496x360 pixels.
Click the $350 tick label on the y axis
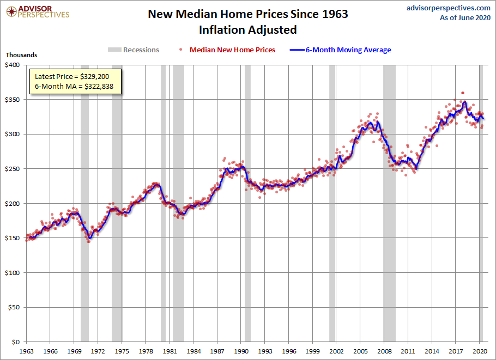coord(13,100)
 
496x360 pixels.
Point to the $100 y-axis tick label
coord(13,273)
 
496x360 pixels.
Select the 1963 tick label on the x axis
coord(26,351)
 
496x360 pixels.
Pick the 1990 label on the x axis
coord(241,351)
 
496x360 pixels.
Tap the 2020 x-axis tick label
coord(480,351)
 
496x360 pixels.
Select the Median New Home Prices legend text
coord(232,50)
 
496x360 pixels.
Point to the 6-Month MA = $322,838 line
coord(75,86)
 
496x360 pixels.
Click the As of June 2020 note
coord(465,17)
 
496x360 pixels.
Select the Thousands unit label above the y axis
coord(21,55)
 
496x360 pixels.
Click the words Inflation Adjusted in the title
coord(247,29)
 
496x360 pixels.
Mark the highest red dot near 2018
coord(463,93)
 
